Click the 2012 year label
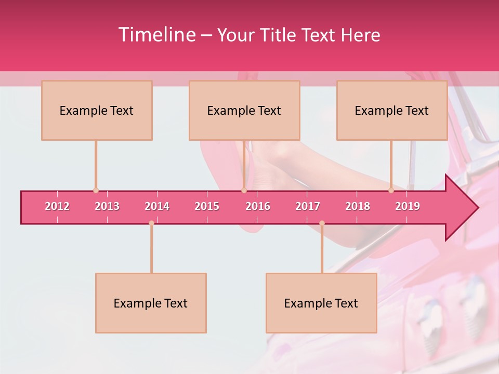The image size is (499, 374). [x=57, y=206]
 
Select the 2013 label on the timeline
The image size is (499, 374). [x=107, y=206]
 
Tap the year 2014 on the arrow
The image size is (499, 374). [x=157, y=206]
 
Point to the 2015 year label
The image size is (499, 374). [x=207, y=206]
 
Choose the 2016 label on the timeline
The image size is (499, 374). [x=258, y=206]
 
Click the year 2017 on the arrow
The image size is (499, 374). [x=308, y=206]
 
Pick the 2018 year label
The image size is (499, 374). [x=358, y=206]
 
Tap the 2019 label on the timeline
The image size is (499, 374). [x=408, y=206]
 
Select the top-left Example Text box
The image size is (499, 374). [x=97, y=111]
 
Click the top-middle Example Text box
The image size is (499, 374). [x=244, y=111]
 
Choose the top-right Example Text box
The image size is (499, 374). [x=392, y=111]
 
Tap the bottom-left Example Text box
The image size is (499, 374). [x=151, y=303]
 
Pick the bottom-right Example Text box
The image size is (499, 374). [x=321, y=303]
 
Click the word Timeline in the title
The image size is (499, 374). [x=156, y=35]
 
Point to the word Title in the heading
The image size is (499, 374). [x=281, y=35]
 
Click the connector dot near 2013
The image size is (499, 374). [x=96, y=191]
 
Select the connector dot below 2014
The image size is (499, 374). [x=151, y=223]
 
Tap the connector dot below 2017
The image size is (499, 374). [x=322, y=223]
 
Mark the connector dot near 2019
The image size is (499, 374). [x=391, y=191]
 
